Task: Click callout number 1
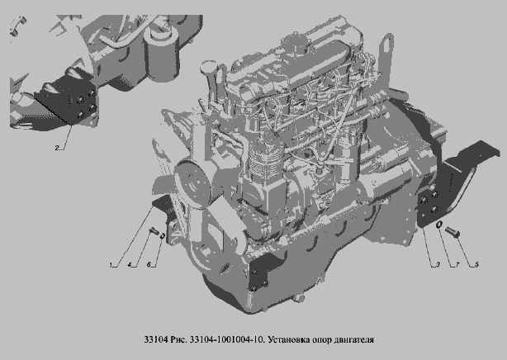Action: pyautogui.click(x=111, y=265)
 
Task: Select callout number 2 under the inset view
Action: pyautogui.click(x=57, y=148)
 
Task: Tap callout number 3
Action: pyautogui.click(x=438, y=264)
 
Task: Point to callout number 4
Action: pyautogui.click(x=130, y=265)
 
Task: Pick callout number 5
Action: pyautogui.click(x=477, y=264)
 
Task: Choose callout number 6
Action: pyautogui.click(x=149, y=265)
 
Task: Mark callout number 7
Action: pyautogui.click(x=457, y=264)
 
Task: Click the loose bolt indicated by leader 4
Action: pyautogui.click(x=153, y=231)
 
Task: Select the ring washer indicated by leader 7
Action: pyautogui.click(x=438, y=224)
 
